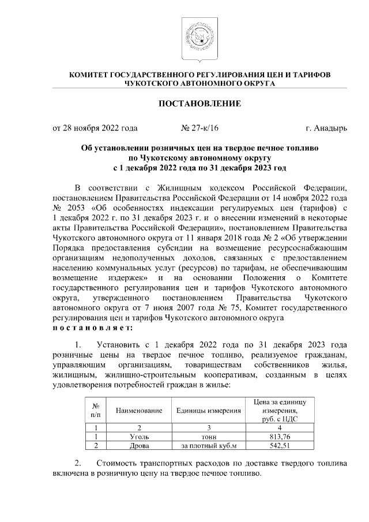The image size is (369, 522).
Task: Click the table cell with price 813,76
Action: tap(279, 437)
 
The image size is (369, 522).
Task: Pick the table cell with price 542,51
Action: tap(279, 446)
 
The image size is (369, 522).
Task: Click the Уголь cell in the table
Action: tap(138, 437)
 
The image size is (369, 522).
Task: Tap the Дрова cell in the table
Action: tap(138, 446)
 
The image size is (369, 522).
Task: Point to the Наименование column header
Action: tap(138, 411)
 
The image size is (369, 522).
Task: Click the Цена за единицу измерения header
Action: tap(279, 410)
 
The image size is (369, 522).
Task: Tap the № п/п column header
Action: tap(95, 411)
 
